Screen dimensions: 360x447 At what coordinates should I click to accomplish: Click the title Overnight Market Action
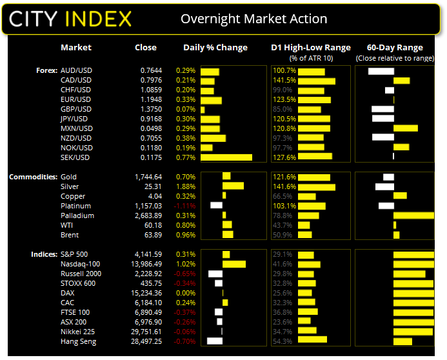(253, 19)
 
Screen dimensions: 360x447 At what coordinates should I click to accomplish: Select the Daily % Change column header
(215, 48)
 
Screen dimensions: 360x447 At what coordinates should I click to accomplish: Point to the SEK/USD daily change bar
(226, 157)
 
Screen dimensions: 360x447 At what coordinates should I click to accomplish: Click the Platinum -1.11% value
(186, 206)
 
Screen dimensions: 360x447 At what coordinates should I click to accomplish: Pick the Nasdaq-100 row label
(79, 264)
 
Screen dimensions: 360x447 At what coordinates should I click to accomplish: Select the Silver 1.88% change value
(186, 186)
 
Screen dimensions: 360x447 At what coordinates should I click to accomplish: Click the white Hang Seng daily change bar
(214, 341)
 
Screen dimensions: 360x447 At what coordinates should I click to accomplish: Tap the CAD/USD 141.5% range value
(284, 81)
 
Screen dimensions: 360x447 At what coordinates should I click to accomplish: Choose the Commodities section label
(32, 177)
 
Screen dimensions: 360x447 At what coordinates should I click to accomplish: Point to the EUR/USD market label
(75, 100)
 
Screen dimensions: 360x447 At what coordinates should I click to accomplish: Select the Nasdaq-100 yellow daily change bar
(233, 264)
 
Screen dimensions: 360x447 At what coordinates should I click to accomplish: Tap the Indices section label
(43, 254)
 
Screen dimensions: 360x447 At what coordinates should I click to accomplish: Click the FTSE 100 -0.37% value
(186, 312)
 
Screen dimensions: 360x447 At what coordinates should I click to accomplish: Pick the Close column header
(146, 48)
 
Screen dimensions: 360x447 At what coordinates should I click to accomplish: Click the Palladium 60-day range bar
(413, 215)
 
